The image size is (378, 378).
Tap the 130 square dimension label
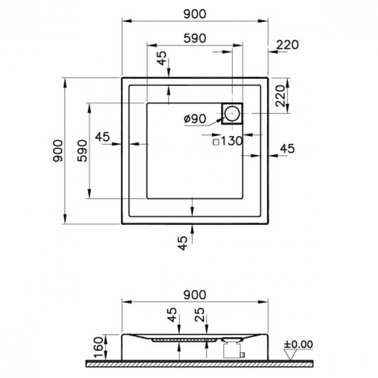[227, 141]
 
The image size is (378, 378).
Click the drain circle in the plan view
[232, 113]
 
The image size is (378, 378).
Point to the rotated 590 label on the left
[82, 151]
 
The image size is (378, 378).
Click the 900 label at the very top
[194, 15]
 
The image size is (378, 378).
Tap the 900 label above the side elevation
[194, 294]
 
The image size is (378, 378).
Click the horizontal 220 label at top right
[287, 45]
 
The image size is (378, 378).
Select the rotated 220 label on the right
[280, 96]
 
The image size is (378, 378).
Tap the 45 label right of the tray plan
[287, 148]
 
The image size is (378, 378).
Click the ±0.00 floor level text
[299, 344]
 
